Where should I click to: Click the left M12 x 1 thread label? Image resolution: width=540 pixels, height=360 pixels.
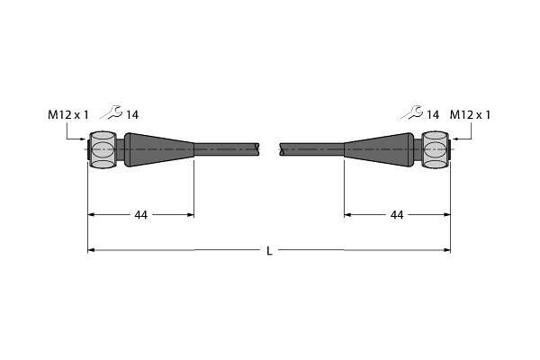click(x=68, y=114)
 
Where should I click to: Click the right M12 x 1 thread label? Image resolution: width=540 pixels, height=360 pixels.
click(x=470, y=114)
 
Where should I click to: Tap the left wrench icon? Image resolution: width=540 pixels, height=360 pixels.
click(x=112, y=112)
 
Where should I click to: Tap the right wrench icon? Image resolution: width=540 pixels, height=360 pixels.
click(x=412, y=112)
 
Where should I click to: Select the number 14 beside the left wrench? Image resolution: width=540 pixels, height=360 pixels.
click(x=132, y=114)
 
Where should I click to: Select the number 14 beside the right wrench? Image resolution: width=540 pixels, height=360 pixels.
click(x=433, y=114)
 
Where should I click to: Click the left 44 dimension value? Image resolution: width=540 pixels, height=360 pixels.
click(x=141, y=215)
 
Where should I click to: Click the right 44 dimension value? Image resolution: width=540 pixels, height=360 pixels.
click(x=397, y=215)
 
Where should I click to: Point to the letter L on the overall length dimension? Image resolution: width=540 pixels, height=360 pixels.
click(x=270, y=251)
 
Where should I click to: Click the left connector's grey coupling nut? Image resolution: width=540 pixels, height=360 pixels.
click(x=103, y=150)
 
